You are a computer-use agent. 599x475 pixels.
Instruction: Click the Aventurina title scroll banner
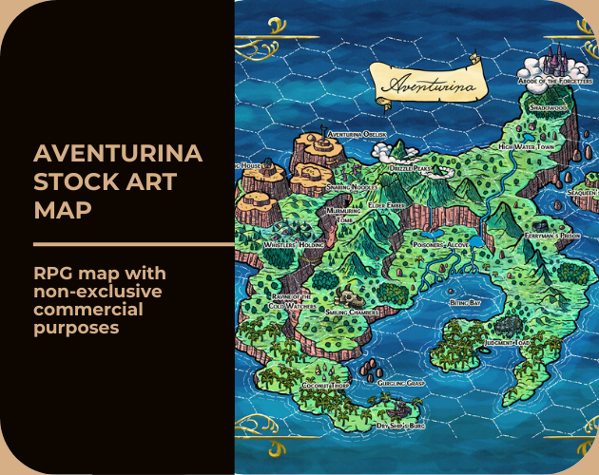coord(427,84)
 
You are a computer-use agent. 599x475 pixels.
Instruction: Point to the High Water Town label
coord(527,148)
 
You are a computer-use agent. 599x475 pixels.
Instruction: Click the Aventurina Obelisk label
coord(357,135)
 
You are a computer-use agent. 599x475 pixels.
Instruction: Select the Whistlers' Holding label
coord(293,244)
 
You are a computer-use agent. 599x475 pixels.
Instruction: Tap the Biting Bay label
coord(465,302)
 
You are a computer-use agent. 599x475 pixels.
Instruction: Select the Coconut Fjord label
coord(325,386)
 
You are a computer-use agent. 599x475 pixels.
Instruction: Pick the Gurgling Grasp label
coord(401,382)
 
